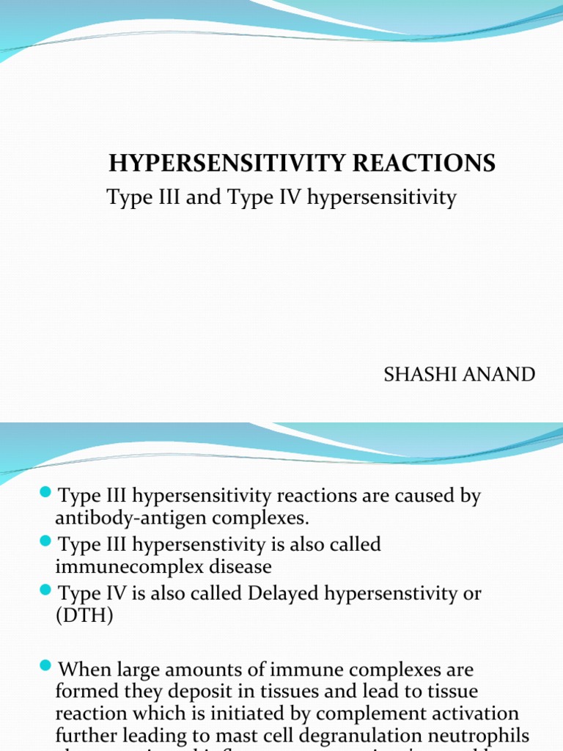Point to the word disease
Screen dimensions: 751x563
(x=232, y=567)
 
